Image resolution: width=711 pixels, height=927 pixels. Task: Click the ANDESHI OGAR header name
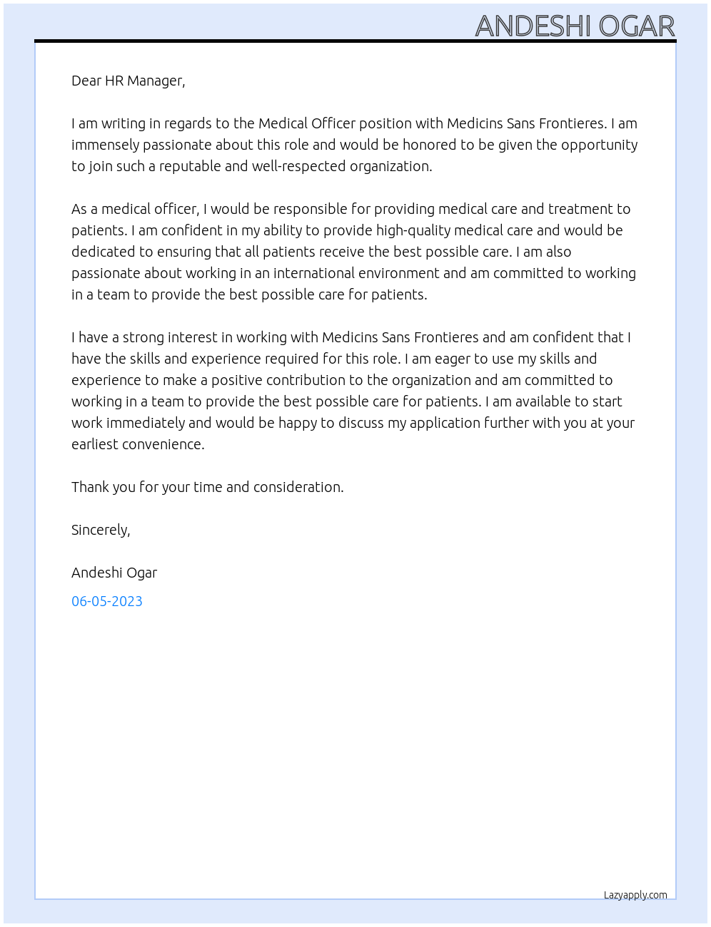(x=575, y=26)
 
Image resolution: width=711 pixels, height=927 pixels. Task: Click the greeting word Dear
(x=86, y=81)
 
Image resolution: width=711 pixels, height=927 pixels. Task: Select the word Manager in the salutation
(x=156, y=81)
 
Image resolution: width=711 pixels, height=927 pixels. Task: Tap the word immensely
(x=105, y=145)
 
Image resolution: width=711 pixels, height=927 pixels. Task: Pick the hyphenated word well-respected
(x=297, y=167)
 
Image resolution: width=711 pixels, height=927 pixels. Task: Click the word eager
(x=451, y=359)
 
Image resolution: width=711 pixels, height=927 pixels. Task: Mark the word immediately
(x=146, y=423)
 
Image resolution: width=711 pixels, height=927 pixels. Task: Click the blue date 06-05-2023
(x=107, y=601)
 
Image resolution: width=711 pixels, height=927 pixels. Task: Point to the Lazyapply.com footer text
(x=635, y=895)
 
